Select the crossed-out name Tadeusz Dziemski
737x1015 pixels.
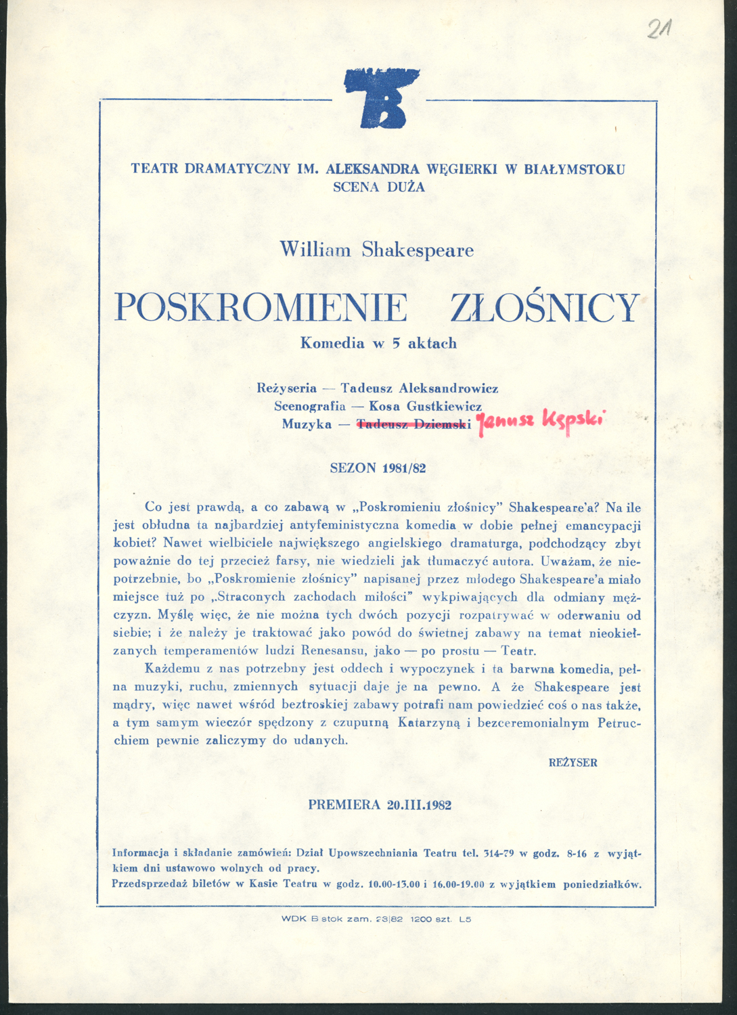click(413, 424)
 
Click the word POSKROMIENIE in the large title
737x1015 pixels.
click(261, 308)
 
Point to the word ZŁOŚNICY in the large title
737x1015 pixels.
click(545, 308)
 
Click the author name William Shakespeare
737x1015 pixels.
click(377, 250)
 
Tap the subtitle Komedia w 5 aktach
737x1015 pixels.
click(378, 343)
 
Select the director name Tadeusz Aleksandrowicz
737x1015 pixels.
click(419, 388)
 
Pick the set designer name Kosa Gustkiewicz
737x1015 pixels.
click(425, 406)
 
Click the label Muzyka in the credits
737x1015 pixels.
click(307, 424)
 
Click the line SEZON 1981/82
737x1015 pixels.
click(378, 468)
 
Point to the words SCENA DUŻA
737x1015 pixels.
click(379, 187)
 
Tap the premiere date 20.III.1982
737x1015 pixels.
click(419, 805)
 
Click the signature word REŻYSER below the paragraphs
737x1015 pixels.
click(573, 763)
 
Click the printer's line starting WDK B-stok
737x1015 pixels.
click(376, 919)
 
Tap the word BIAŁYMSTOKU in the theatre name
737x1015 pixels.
click(575, 168)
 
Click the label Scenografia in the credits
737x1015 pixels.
click(309, 406)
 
